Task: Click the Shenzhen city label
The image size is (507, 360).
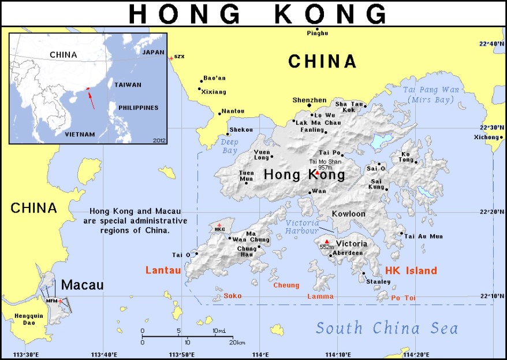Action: [x=310, y=100]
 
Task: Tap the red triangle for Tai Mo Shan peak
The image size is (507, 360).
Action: [x=317, y=173]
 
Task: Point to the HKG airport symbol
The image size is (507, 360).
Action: [x=219, y=224]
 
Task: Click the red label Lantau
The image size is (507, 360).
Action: [x=163, y=270]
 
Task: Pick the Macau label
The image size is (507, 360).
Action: [x=82, y=285]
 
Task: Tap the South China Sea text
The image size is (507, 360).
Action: [x=386, y=329]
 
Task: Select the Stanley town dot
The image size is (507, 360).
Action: [x=364, y=274]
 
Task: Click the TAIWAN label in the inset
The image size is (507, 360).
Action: [x=128, y=84]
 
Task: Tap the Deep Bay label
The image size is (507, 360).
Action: [x=229, y=146]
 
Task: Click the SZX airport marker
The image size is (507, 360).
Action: [x=170, y=58]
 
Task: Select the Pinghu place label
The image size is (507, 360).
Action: [x=318, y=33]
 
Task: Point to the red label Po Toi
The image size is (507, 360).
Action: [x=404, y=298]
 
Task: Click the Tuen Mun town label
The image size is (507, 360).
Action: [x=247, y=176]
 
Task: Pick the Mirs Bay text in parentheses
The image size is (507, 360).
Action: [x=426, y=99]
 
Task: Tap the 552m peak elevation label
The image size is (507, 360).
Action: [x=327, y=247]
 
